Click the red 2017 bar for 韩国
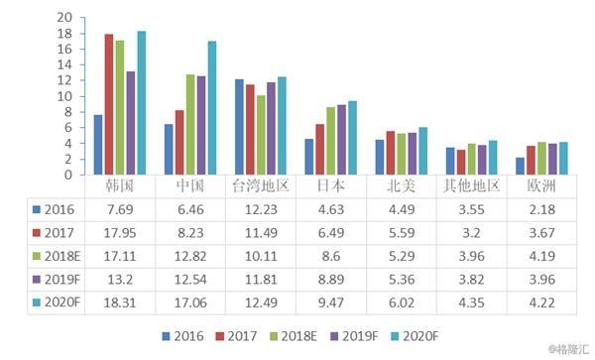pyautogui.click(x=109, y=104)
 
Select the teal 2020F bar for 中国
pyautogui.click(x=212, y=108)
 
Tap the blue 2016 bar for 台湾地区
pyautogui.click(x=239, y=127)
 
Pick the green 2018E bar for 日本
pyautogui.click(x=331, y=141)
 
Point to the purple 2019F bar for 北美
pyautogui.click(x=413, y=154)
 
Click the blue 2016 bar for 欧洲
pyautogui.click(x=520, y=167)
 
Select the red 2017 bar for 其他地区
pyautogui.click(x=461, y=163)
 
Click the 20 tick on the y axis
pyautogui.click(x=64, y=17)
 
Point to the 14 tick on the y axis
pyautogui.click(x=64, y=64)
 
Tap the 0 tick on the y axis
pyautogui.click(x=68, y=175)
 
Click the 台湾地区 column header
pyautogui.click(x=261, y=185)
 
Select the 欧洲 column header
pyautogui.click(x=541, y=185)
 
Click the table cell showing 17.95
pyautogui.click(x=120, y=233)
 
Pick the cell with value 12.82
pyautogui.click(x=190, y=257)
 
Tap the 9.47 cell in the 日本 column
pyautogui.click(x=331, y=302)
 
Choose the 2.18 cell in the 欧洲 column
pyautogui.click(x=542, y=209)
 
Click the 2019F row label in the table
pyautogui.click(x=57, y=280)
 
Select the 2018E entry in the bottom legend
pyautogui.click(x=294, y=336)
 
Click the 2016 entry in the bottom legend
pyautogui.click(x=182, y=336)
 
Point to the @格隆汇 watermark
pyautogui.click(x=568, y=349)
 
